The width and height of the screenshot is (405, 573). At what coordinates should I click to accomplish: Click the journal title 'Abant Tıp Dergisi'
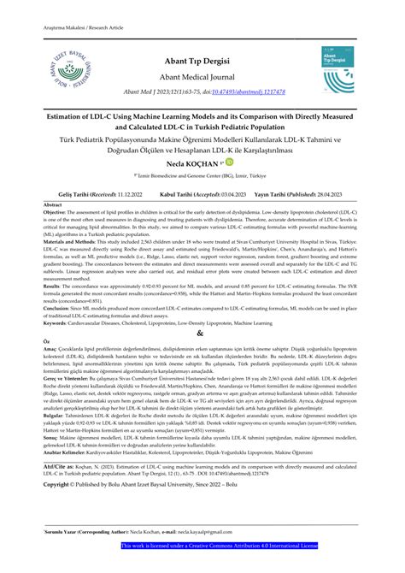tap(202, 62)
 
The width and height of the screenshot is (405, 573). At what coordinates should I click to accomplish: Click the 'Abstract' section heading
tap(53, 206)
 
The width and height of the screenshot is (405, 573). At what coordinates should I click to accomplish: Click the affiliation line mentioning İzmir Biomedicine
tap(202, 174)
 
